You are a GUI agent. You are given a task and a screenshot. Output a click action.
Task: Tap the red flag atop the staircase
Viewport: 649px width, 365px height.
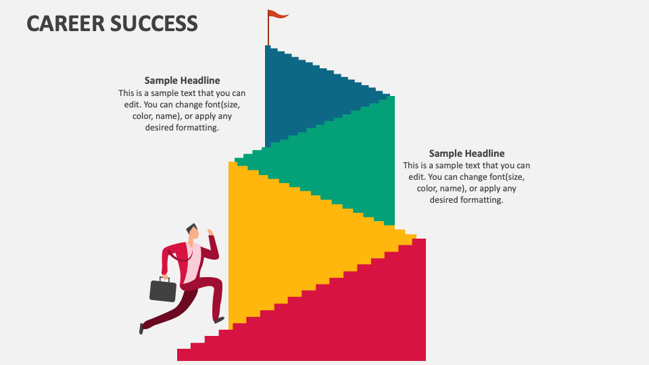tap(277, 14)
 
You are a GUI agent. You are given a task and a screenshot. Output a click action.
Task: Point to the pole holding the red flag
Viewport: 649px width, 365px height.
tap(268, 30)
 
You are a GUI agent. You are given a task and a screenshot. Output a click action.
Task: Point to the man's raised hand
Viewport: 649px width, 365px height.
tap(210, 233)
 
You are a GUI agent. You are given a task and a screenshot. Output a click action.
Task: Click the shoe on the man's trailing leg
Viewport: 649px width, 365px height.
tap(141, 328)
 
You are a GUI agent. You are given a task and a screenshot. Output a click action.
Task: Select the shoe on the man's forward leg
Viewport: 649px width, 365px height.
tap(219, 319)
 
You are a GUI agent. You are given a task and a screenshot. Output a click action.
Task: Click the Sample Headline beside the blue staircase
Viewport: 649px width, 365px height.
tap(182, 80)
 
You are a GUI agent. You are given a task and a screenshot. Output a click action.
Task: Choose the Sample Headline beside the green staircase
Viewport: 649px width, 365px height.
tap(466, 153)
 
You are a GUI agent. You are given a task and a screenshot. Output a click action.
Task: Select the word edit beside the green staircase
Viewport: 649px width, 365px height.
tap(416, 177)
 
